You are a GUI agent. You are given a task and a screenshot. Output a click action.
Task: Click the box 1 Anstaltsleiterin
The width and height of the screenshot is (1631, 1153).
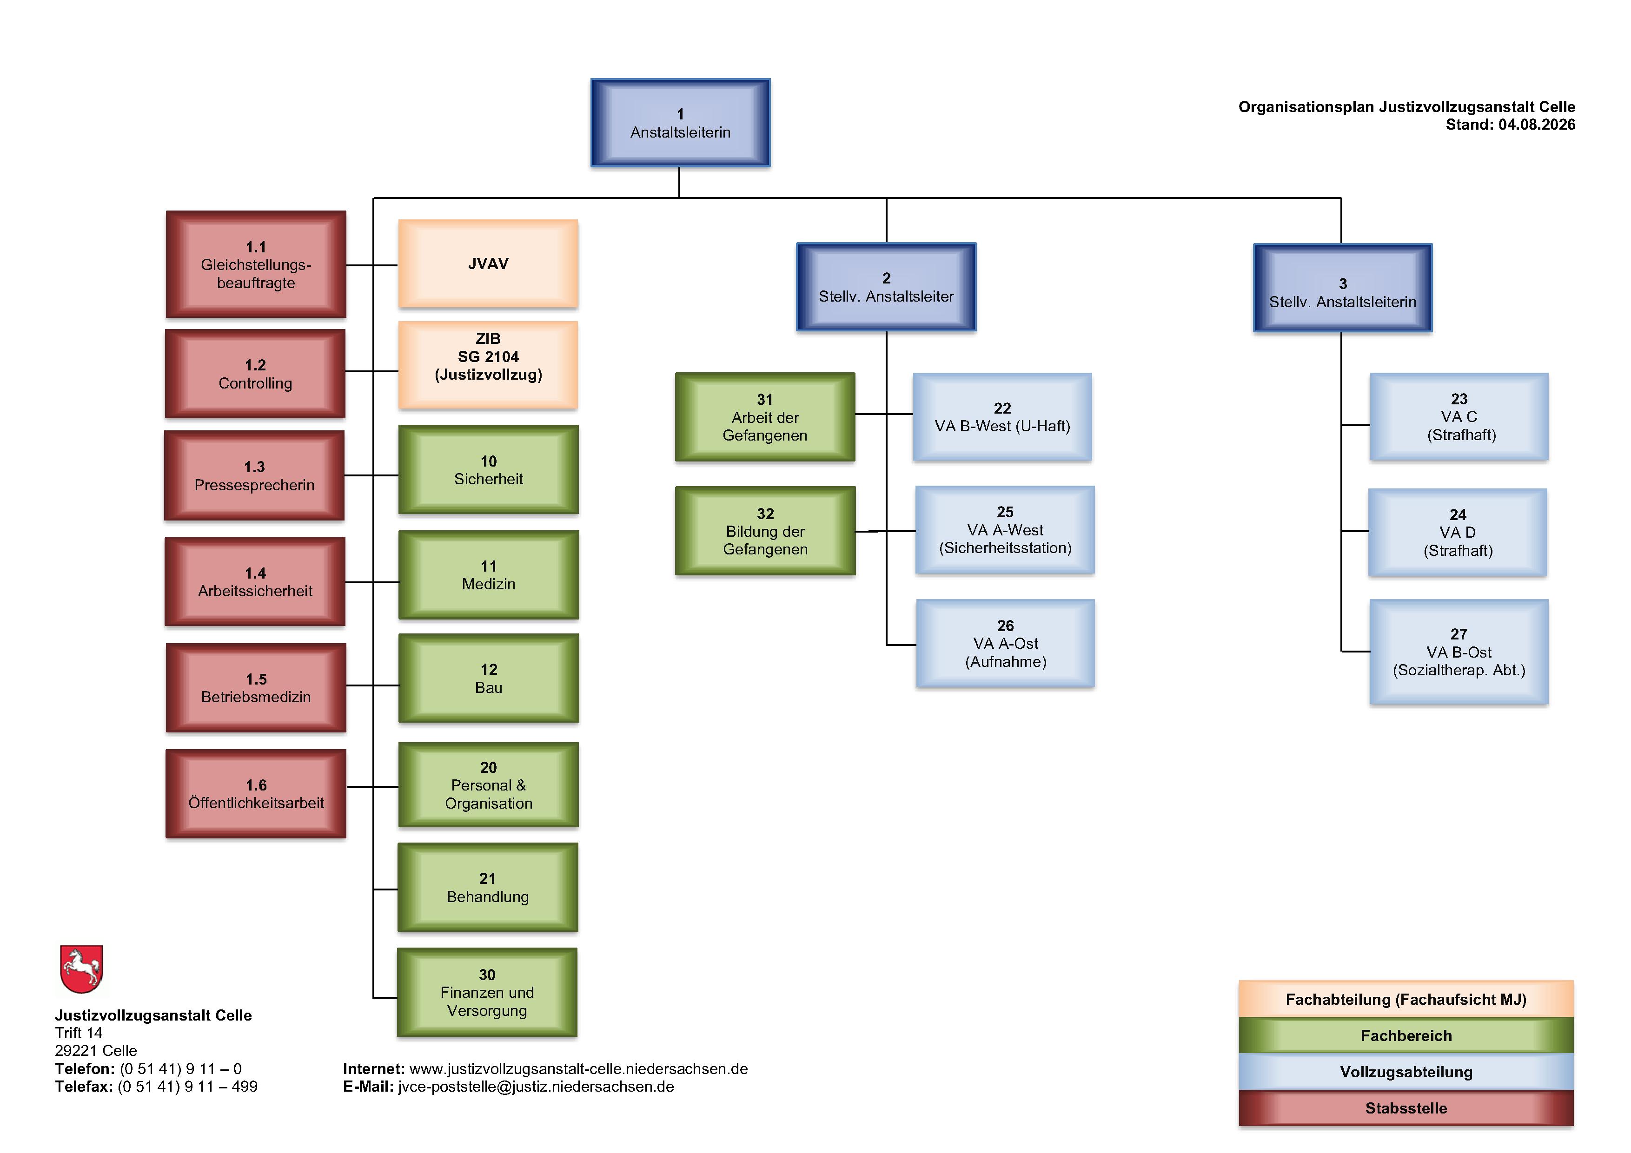click(x=680, y=123)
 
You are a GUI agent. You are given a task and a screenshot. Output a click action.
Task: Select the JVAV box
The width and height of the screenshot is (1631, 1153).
click(x=488, y=264)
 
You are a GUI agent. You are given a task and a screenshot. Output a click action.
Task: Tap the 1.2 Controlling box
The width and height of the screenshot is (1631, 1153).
click(x=255, y=374)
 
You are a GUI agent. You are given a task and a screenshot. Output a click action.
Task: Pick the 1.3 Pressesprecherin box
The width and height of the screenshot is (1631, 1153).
click(x=254, y=476)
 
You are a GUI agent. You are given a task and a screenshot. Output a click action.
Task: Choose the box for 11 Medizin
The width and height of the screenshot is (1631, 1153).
click(x=489, y=575)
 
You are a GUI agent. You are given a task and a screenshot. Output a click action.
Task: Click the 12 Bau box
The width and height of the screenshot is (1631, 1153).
click(x=489, y=678)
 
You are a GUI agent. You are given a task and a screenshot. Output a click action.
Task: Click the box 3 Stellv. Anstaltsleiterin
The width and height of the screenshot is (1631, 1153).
click(x=1343, y=288)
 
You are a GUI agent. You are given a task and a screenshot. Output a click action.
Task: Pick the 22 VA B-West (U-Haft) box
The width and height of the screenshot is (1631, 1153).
click(x=1002, y=417)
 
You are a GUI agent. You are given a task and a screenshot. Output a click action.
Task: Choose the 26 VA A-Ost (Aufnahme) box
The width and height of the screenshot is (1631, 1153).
click(x=1005, y=643)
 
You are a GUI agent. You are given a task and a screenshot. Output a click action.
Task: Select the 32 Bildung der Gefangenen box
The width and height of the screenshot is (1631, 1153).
click(x=765, y=530)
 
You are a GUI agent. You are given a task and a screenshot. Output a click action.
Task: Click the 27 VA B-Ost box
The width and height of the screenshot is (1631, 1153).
click(x=1459, y=652)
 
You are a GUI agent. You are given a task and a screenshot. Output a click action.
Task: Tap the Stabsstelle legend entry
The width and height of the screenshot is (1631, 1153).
click(x=1406, y=1107)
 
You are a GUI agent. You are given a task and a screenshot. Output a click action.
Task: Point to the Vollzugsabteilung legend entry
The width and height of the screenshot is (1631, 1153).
click(x=1406, y=1071)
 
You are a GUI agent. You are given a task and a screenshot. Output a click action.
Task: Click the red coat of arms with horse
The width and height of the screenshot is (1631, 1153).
click(x=82, y=969)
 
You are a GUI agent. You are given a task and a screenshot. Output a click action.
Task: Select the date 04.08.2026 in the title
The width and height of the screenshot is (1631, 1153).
click(x=1537, y=124)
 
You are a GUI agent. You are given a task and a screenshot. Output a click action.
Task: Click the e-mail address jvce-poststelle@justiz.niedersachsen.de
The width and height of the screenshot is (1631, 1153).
click(x=536, y=1086)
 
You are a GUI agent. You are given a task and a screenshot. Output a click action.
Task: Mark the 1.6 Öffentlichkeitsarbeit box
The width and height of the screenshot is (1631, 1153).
click(x=256, y=794)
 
